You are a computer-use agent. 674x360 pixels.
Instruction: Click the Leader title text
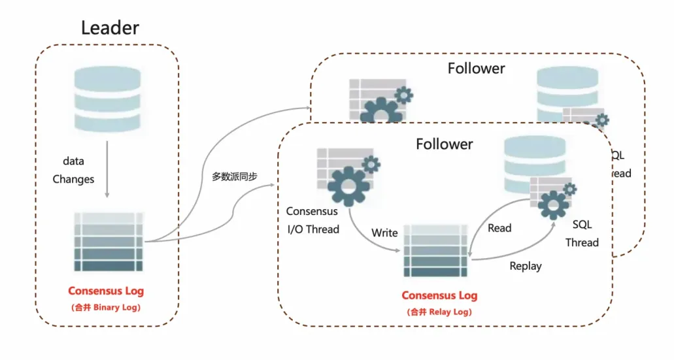(110, 27)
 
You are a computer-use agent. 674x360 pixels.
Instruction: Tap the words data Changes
(73, 170)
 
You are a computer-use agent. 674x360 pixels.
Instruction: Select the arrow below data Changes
(107, 176)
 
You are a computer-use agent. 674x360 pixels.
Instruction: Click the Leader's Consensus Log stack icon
(109, 242)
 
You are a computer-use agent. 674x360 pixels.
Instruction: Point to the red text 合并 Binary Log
(106, 306)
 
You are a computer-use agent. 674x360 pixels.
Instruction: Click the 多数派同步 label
(235, 177)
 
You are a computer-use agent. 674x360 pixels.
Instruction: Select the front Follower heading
(445, 144)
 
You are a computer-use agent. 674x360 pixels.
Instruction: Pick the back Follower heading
(476, 68)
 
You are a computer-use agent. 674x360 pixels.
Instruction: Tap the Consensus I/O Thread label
(312, 220)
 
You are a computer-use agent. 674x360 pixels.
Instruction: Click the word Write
(384, 233)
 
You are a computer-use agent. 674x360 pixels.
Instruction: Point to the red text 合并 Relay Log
(439, 312)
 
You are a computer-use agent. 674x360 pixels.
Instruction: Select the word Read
(499, 228)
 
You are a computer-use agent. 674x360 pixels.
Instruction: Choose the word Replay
(526, 266)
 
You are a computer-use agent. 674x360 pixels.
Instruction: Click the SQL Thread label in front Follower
(582, 233)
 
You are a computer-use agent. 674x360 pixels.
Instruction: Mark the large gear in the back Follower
(377, 108)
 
